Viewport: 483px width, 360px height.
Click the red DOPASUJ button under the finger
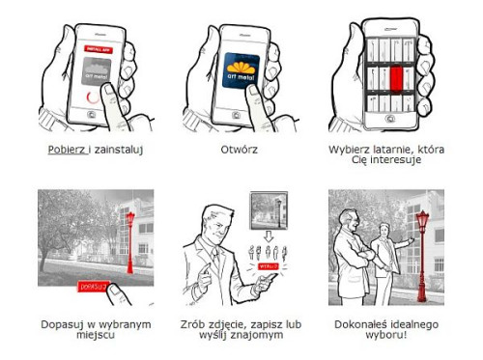click(94, 287)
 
